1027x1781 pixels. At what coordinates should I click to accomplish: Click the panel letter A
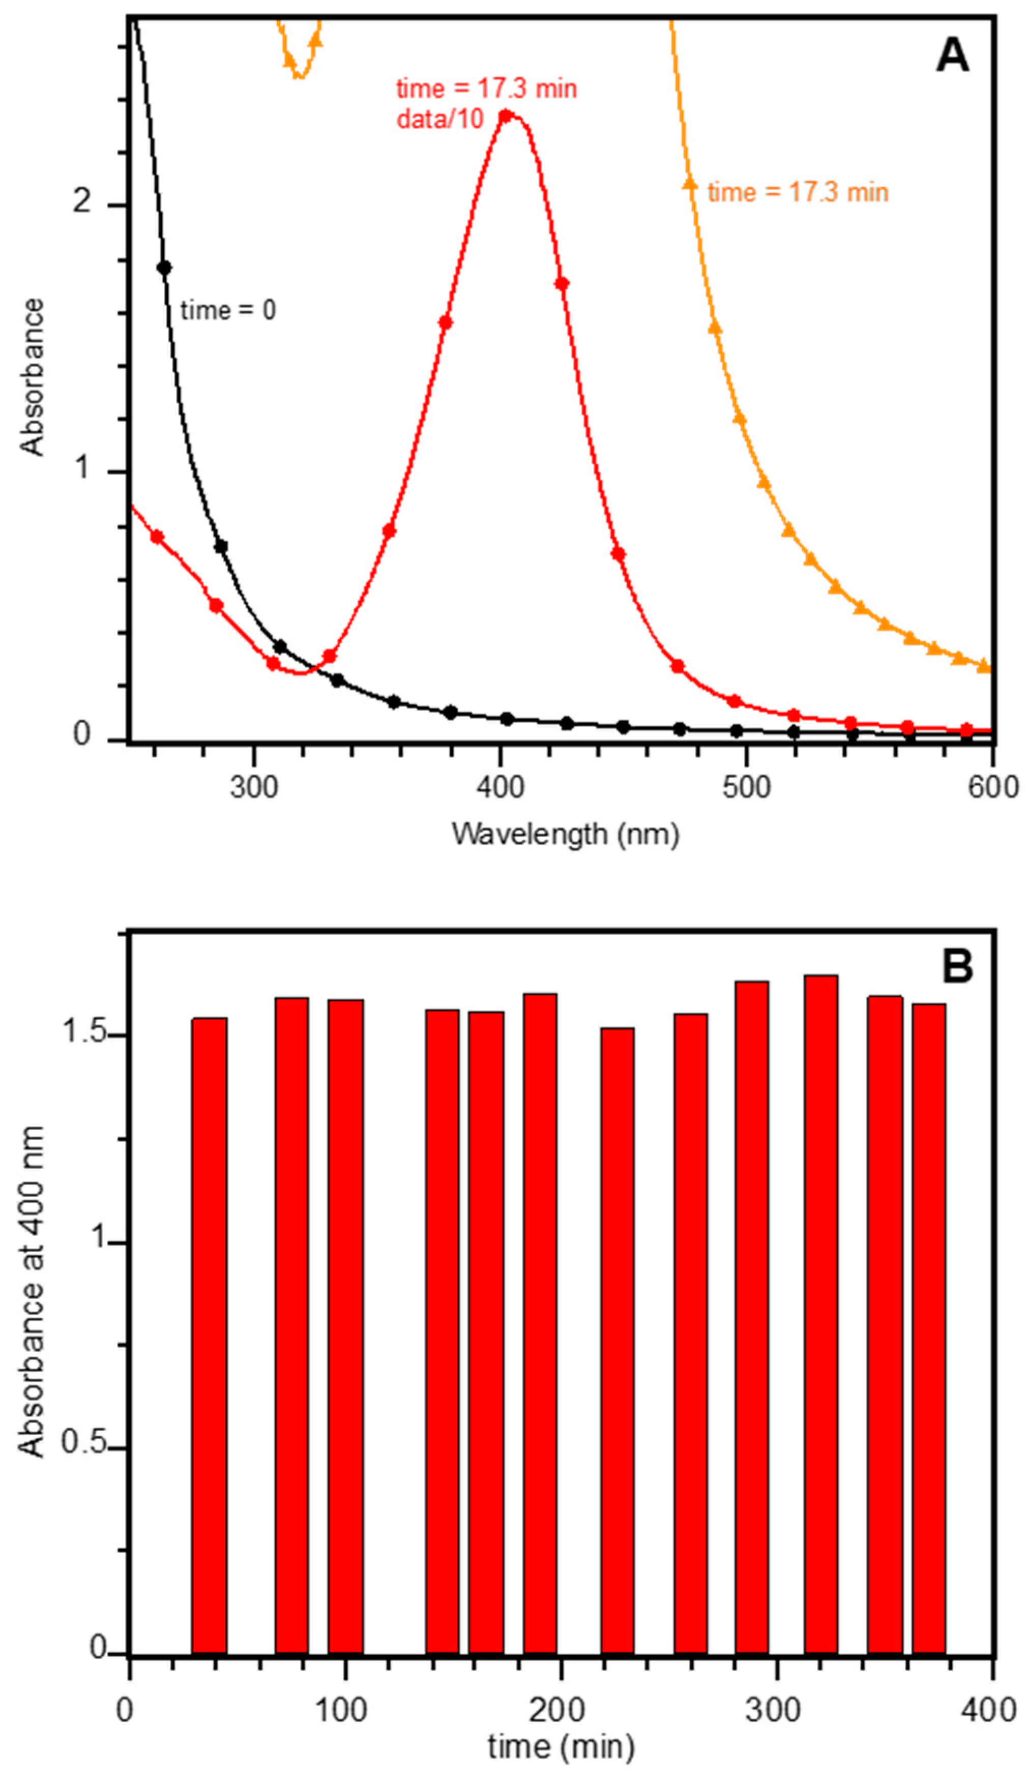click(x=952, y=55)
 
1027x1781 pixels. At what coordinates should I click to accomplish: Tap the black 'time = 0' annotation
click(x=228, y=310)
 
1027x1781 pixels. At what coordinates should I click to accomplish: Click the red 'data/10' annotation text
click(x=440, y=119)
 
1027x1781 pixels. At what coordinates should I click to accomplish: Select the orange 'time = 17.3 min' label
click(x=798, y=192)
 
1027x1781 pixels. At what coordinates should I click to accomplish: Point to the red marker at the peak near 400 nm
click(x=505, y=115)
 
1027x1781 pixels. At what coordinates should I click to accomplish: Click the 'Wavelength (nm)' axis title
click(x=565, y=834)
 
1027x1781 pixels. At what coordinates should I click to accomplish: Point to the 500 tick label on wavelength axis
click(x=746, y=786)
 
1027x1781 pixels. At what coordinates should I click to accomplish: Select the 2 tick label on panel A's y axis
click(x=82, y=202)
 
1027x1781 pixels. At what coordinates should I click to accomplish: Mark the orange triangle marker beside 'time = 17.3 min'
click(x=690, y=184)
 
